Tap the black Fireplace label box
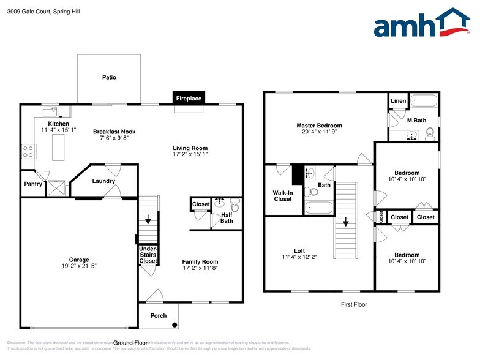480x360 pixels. [189, 98]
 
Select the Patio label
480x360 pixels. [109, 78]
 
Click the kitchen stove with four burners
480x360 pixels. [28, 151]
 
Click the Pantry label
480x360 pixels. [32, 184]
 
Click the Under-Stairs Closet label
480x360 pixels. [148, 254]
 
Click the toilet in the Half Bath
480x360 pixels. [234, 203]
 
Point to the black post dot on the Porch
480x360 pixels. [174, 324]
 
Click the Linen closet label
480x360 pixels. [398, 100]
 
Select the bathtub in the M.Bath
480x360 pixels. [423, 100]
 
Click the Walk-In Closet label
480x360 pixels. [282, 195]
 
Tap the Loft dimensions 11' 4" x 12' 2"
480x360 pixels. [299, 257]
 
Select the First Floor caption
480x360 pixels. [353, 304]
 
